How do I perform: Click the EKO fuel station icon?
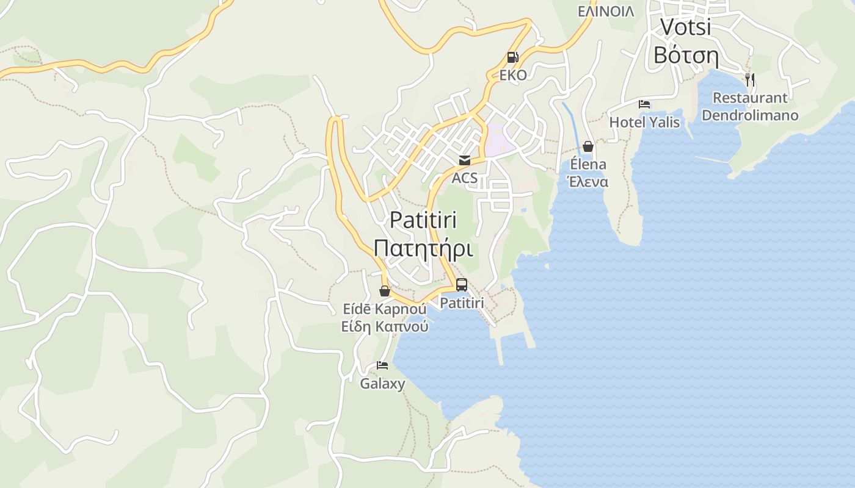click(x=512, y=57)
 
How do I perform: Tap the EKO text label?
click(x=512, y=76)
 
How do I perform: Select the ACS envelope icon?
click(x=465, y=160)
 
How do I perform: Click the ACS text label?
click(x=465, y=179)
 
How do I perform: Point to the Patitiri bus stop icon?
click(x=462, y=285)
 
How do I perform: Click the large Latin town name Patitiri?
click(x=423, y=220)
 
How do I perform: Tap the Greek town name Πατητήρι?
click(x=423, y=249)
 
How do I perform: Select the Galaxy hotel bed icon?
click(x=382, y=365)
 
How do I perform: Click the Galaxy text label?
click(x=382, y=384)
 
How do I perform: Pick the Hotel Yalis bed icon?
click(x=644, y=104)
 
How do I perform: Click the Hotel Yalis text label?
click(x=644, y=122)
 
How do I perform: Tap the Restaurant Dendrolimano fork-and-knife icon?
click(x=750, y=79)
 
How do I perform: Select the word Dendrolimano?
click(x=750, y=115)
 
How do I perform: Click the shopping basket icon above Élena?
click(x=588, y=146)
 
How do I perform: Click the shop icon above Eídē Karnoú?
click(x=385, y=291)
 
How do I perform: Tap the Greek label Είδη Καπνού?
click(x=385, y=326)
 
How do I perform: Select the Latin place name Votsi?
click(x=686, y=27)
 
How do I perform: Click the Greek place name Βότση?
click(x=686, y=55)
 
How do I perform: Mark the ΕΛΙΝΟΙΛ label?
click(x=606, y=12)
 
